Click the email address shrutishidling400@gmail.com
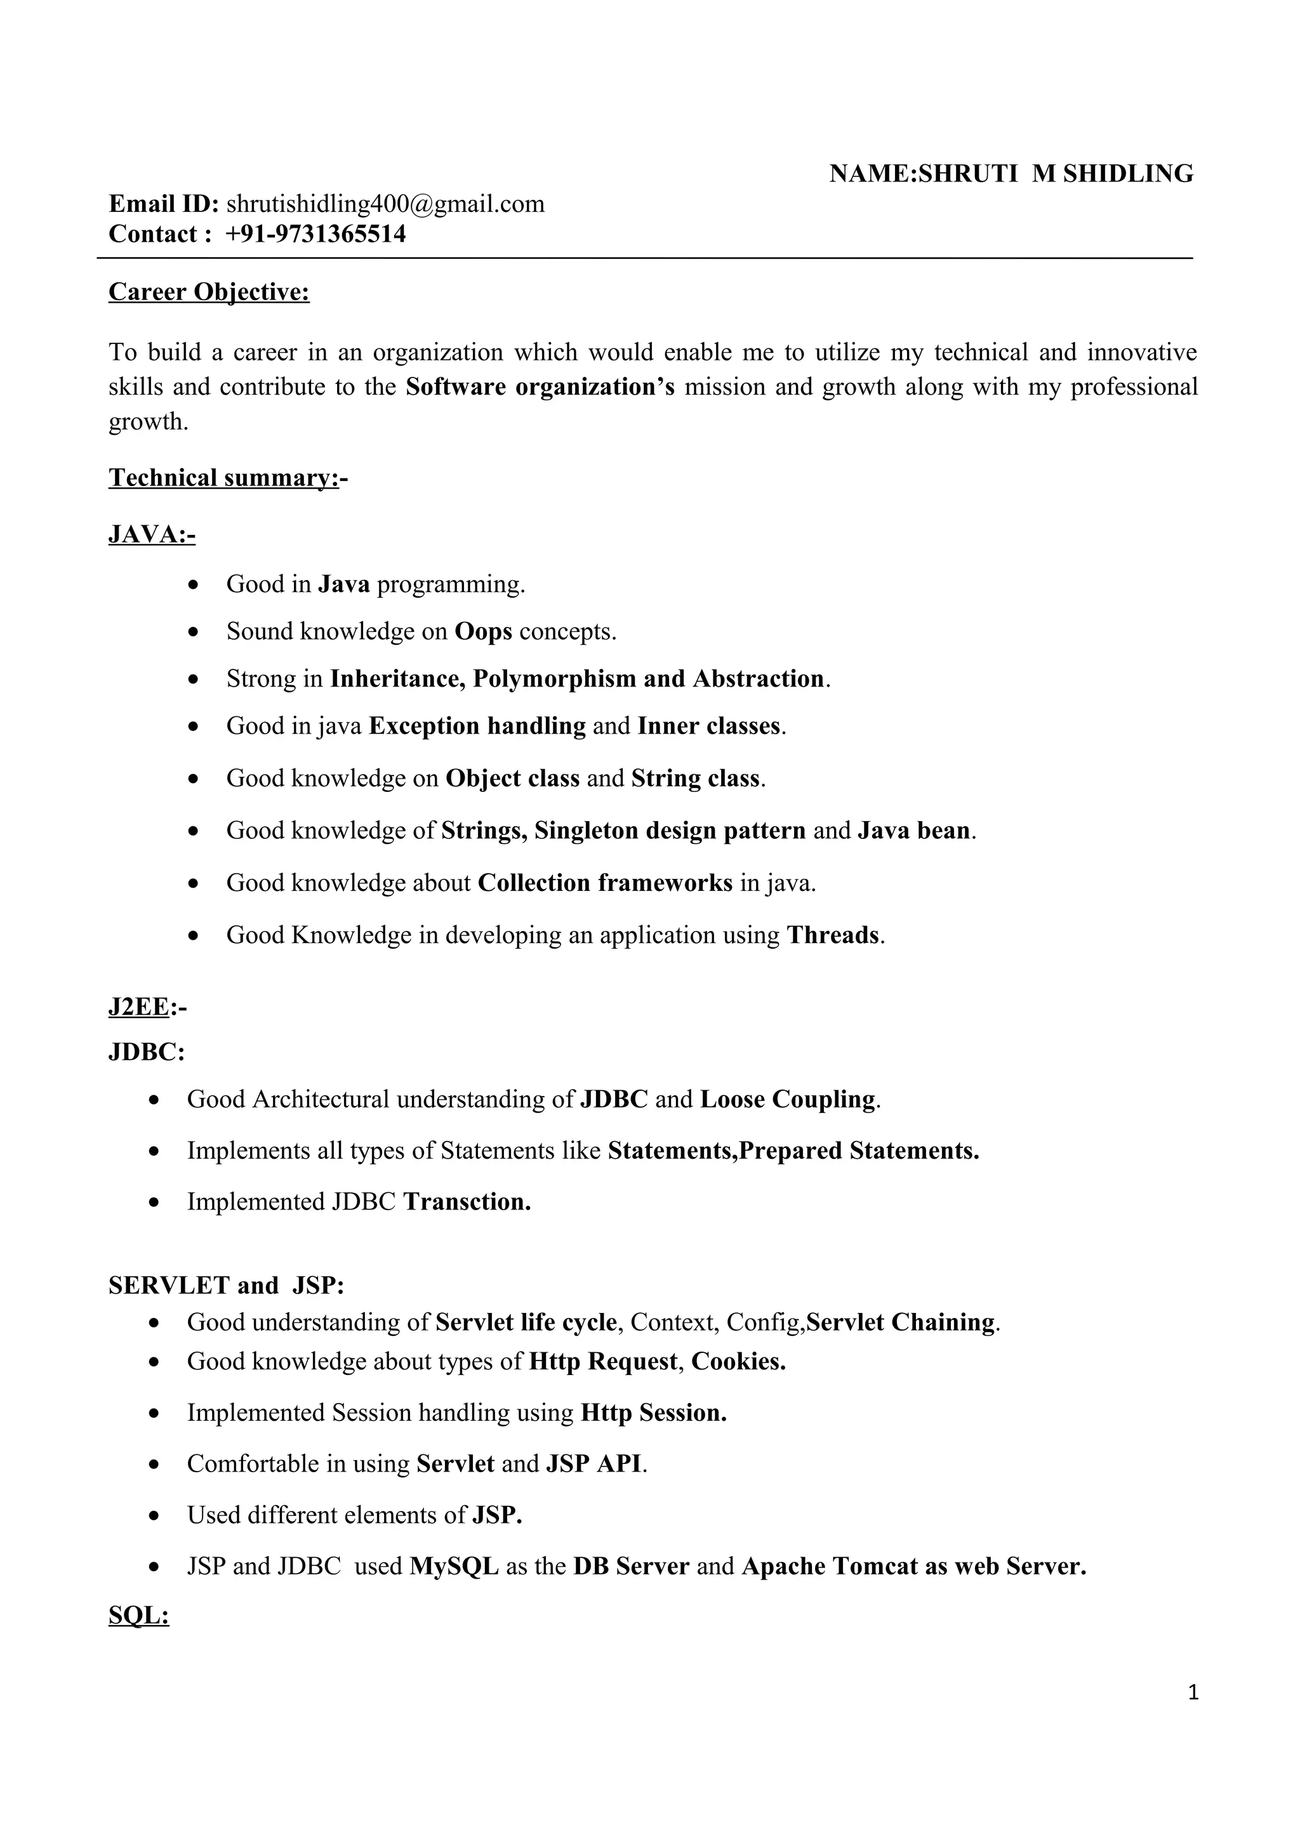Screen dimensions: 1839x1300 click(385, 204)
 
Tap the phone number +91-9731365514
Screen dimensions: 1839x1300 click(315, 234)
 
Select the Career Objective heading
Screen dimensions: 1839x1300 click(209, 293)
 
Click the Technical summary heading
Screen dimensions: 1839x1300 click(223, 478)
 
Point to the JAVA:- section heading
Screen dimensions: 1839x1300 click(151, 534)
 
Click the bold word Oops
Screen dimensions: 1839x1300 click(483, 632)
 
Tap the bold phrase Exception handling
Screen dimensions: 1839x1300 click(477, 727)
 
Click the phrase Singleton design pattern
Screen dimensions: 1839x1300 click(670, 831)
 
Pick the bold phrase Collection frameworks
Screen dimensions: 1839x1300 click(605, 883)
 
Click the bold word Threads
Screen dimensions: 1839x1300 click(833, 935)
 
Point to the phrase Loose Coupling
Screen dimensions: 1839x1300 click(787, 1100)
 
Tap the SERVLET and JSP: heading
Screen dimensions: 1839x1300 click(227, 1286)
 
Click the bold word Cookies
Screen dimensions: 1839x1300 click(738, 1362)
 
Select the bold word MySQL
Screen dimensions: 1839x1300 click(454, 1566)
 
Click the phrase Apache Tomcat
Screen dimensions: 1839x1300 click(829, 1566)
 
